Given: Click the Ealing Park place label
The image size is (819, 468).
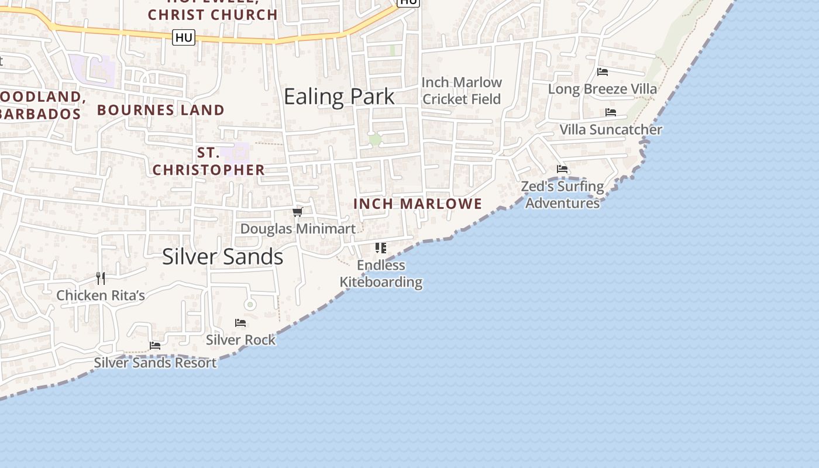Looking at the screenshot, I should click(x=339, y=97).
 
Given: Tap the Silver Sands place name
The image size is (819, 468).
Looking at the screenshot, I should click(x=222, y=257).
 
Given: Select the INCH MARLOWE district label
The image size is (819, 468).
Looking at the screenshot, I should click(x=418, y=204).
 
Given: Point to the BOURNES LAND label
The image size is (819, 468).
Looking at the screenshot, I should click(x=160, y=110).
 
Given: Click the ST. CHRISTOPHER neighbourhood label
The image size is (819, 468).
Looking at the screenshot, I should click(x=208, y=161).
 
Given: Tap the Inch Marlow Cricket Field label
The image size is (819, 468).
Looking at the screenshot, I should click(x=462, y=91).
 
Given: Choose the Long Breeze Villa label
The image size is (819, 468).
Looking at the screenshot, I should click(x=602, y=89).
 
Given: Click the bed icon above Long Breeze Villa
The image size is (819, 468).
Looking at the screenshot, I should click(x=603, y=72).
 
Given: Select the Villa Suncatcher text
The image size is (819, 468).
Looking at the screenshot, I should click(x=611, y=129).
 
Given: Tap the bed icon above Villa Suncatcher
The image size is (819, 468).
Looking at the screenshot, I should click(x=611, y=112).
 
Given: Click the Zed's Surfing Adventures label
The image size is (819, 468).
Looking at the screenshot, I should click(x=562, y=195).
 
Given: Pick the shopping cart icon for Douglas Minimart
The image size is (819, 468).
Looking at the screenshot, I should click(x=298, y=212).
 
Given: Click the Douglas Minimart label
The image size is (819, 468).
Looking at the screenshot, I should click(x=298, y=229).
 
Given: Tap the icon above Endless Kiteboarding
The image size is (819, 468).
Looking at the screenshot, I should click(x=381, y=248).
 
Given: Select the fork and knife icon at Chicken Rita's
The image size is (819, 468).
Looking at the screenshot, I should click(x=101, y=278).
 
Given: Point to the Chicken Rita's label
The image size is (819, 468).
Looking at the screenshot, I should click(x=101, y=295).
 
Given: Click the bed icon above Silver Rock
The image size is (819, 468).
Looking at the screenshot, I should click(x=240, y=323).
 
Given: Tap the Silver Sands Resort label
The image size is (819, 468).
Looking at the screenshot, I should click(x=155, y=363).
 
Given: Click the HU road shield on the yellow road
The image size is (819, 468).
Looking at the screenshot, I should click(x=184, y=38).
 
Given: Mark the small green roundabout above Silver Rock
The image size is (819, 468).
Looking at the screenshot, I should click(x=250, y=304).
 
